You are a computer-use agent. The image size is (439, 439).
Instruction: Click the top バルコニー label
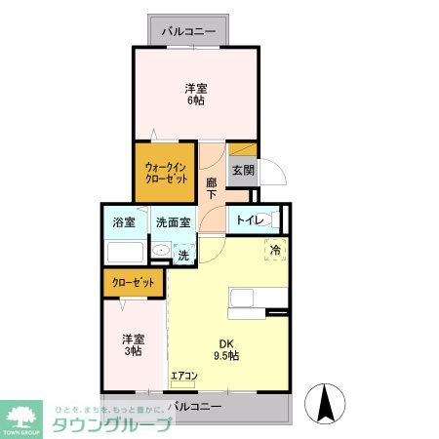coord(195,31)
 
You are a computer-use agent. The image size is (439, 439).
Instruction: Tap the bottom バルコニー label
coord(194,405)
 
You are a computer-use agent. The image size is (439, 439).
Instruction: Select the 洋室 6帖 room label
coord(196,92)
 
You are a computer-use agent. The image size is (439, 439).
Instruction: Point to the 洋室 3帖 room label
coord(134,344)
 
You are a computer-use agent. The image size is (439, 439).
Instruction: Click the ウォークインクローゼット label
coord(166,173)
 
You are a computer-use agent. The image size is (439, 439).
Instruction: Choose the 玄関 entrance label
coord(243,171)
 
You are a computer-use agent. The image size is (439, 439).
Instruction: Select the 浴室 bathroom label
coord(124,221)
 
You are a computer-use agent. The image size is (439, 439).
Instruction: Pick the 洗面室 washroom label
coord(172,221)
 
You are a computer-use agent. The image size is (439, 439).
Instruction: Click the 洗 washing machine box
coord(183,255)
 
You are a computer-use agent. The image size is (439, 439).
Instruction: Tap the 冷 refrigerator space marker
coord(276,250)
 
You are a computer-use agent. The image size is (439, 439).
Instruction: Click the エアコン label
coord(184,376)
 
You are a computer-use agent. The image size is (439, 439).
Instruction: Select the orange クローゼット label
coord(134,282)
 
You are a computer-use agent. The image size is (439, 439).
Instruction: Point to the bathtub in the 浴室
coord(125,252)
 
